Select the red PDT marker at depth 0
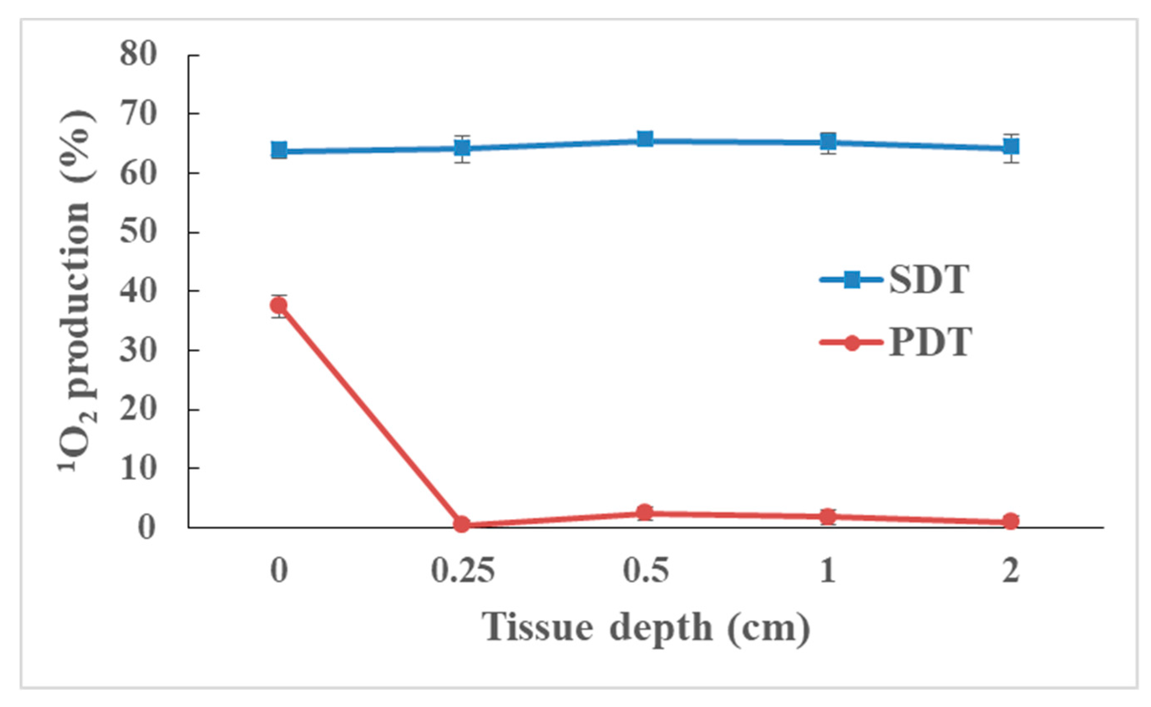click(x=279, y=306)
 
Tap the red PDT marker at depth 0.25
click(x=462, y=524)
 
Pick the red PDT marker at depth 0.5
click(x=645, y=512)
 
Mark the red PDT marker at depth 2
click(x=1011, y=521)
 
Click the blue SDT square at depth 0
click(x=279, y=151)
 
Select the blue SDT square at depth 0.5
click(x=645, y=139)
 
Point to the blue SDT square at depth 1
click(x=828, y=141)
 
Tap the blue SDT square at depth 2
click(x=1011, y=147)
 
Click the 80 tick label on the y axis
click(x=138, y=55)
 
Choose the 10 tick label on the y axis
click(x=138, y=468)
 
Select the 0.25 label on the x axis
click(x=462, y=571)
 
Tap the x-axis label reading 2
click(x=1011, y=571)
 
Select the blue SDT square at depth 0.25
click(x=462, y=148)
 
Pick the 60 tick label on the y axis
click(x=138, y=173)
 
